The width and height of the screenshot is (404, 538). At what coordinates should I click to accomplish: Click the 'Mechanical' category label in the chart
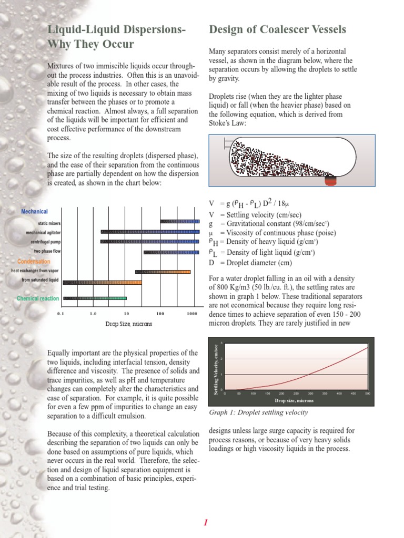pos(34,211)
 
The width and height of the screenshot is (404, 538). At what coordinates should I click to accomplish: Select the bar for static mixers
pos(180,222)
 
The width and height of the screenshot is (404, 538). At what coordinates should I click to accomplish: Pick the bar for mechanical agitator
pos(150,232)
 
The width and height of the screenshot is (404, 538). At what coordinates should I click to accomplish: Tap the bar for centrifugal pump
pos(150,242)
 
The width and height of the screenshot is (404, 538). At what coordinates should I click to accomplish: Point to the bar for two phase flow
pos(171,252)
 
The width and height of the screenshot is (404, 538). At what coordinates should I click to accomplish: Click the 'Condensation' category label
pos(34,262)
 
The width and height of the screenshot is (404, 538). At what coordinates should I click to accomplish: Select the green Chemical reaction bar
pos(95,298)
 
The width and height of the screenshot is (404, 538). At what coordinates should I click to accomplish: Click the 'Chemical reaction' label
pos(38,298)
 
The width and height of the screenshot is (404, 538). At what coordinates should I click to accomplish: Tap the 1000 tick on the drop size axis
pos(191,314)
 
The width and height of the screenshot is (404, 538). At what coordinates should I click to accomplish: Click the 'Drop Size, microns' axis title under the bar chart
pos(128,324)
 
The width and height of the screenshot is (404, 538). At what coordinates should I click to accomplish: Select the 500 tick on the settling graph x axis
pos(367,393)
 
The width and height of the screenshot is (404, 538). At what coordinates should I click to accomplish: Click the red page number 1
pos(206,522)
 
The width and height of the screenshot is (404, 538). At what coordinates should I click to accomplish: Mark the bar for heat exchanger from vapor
pos(163,272)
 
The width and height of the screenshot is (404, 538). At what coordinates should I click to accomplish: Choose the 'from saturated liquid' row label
pos(40,281)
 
